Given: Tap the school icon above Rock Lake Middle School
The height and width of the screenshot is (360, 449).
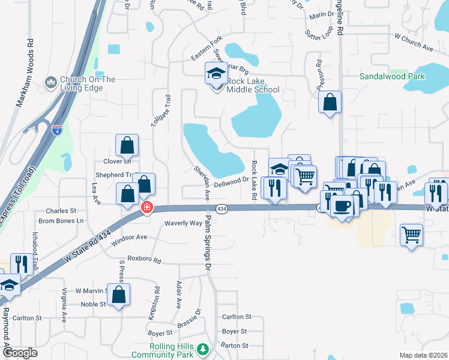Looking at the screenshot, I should tap(216, 74).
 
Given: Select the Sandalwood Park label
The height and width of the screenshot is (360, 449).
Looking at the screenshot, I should tap(392, 76).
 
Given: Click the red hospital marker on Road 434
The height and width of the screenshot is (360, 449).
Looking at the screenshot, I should tap(146, 208).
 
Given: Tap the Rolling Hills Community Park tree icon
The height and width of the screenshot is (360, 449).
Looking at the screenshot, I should tap(203, 349).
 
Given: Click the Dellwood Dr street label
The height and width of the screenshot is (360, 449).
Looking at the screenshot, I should tap(231, 179).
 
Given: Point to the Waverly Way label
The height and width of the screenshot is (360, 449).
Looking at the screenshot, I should tap(183, 223).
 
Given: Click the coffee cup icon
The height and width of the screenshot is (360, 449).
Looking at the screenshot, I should tap(342, 206).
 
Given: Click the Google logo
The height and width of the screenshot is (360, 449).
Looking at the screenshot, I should tap(20, 353).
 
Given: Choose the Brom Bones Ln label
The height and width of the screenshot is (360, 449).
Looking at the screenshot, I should tap(61, 221).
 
